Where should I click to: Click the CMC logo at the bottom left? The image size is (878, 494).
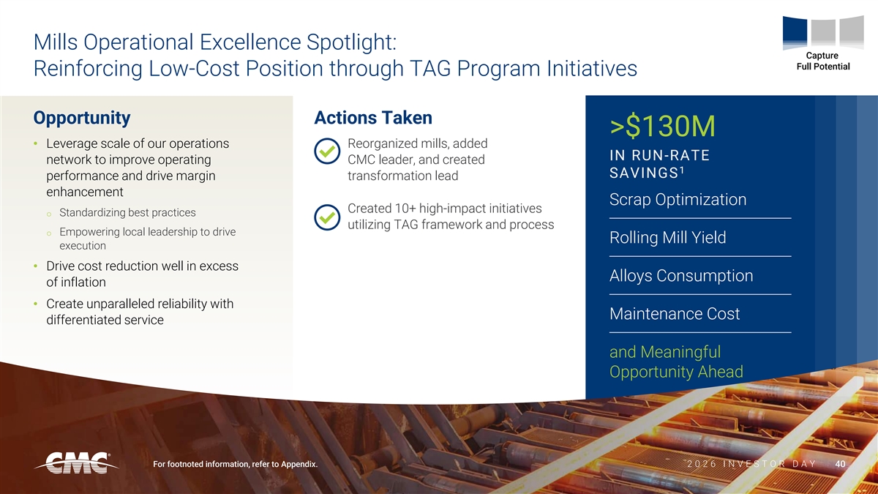coord(76,463)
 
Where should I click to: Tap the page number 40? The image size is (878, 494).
coord(840,464)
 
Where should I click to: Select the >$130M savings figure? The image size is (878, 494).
coord(662,126)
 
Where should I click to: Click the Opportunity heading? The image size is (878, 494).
coord(82,118)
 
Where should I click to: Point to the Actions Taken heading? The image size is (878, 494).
coord(373,118)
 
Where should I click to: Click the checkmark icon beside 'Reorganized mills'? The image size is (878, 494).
coord(327,151)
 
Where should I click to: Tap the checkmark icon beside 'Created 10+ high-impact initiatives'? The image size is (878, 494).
coord(327,217)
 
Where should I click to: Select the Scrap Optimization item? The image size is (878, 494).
coord(678,200)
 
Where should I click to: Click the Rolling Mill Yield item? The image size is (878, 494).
coord(667,238)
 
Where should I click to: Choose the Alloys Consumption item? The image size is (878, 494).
coord(681,276)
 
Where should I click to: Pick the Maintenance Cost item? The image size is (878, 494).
coord(675,314)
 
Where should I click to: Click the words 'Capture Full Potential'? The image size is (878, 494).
coord(823,61)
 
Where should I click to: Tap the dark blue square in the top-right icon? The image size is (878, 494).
coord(795,32)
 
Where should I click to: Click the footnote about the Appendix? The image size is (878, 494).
coord(235,464)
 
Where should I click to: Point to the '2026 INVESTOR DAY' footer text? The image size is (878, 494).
coord(752,464)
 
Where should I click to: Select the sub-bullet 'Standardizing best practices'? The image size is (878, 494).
coord(127,212)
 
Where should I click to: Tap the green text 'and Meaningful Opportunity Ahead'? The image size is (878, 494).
coord(676,362)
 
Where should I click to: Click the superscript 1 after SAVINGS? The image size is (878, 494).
coord(682,170)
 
